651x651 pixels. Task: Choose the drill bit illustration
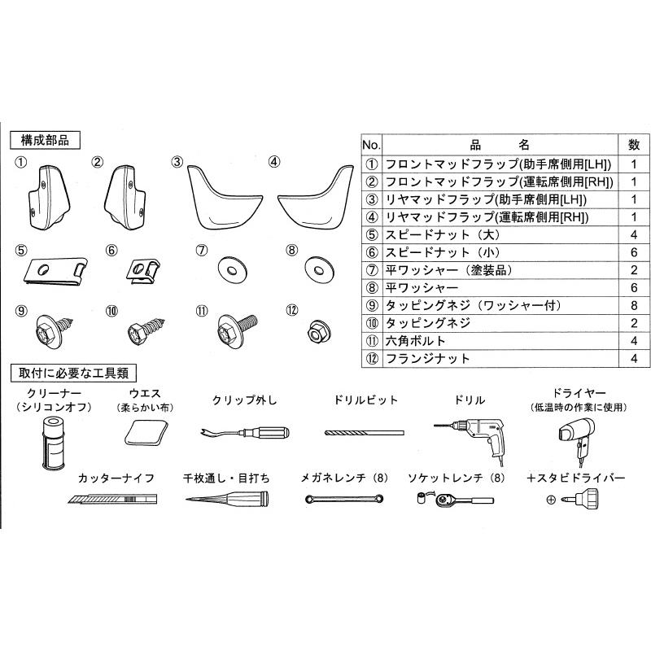pos(365,432)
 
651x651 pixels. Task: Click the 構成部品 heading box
pos(46,139)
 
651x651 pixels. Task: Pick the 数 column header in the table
pos(633,145)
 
